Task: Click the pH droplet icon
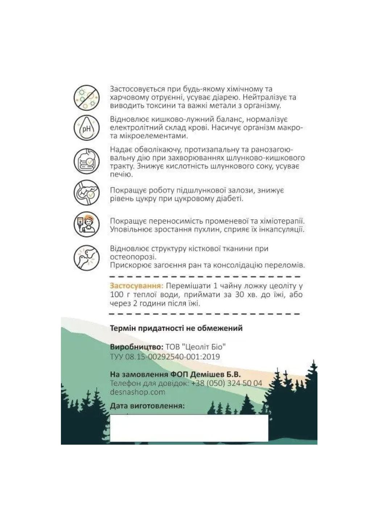click(x=86, y=128)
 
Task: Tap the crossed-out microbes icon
click(x=86, y=97)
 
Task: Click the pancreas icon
click(x=86, y=193)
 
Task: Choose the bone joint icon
click(x=86, y=257)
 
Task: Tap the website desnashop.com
click(x=138, y=392)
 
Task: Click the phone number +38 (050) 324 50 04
click(x=227, y=383)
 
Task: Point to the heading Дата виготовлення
click(x=147, y=406)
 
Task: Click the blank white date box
click(x=189, y=428)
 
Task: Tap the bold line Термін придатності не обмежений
click(x=176, y=329)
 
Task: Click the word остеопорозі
click(x=133, y=257)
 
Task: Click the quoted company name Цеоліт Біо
click(x=205, y=347)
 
